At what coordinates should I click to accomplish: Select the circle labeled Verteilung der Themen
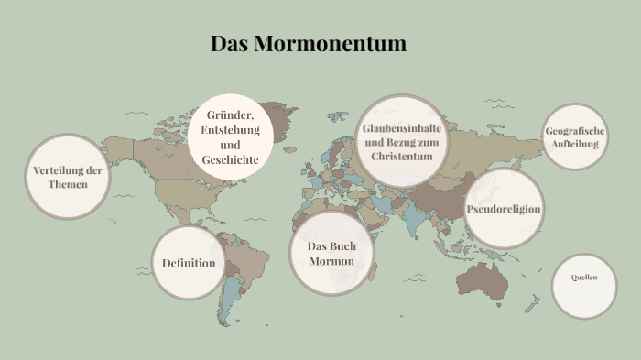(x=68, y=177)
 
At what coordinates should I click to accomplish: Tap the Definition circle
(x=189, y=263)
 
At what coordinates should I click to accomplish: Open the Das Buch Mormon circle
(x=331, y=254)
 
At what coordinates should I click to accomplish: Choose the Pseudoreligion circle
(x=504, y=209)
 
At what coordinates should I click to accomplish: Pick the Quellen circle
(x=584, y=278)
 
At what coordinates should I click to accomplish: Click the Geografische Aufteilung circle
(x=575, y=136)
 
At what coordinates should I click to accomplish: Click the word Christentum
(x=401, y=157)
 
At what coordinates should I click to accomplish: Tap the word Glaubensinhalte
(x=401, y=128)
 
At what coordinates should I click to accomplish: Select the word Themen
(x=68, y=185)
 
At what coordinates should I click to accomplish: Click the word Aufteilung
(x=575, y=144)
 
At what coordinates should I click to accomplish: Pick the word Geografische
(x=575, y=130)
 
